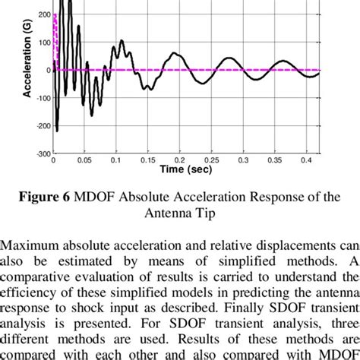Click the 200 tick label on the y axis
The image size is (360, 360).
(x=43, y=14)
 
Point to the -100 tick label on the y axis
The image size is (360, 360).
(x=42, y=98)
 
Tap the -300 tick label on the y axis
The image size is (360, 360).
(x=42, y=154)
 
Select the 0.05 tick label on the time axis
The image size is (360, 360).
(x=84, y=162)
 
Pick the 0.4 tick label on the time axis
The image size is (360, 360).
(x=305, y=162)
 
